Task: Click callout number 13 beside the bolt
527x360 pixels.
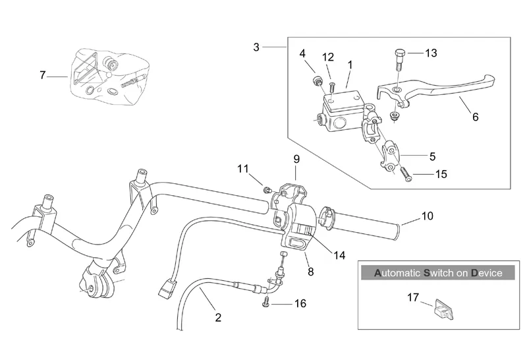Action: coord(430,53)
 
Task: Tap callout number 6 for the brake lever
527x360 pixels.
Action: coord(475,117)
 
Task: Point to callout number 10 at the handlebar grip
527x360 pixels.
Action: coord(428,216)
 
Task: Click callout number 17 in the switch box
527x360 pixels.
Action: coord(413,297)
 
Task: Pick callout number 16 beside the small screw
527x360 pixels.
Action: coord(300,304)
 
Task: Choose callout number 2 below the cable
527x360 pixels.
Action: coord(218,318)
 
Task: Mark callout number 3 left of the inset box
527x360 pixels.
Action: coord(257,46)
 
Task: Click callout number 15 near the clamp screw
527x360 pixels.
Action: coord(441,174)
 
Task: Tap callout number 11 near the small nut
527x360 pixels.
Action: coord(244,168)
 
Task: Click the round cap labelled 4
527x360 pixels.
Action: coord(317,81)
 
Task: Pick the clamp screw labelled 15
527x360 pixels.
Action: coord(406,175)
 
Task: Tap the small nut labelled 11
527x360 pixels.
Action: coord(267,190)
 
